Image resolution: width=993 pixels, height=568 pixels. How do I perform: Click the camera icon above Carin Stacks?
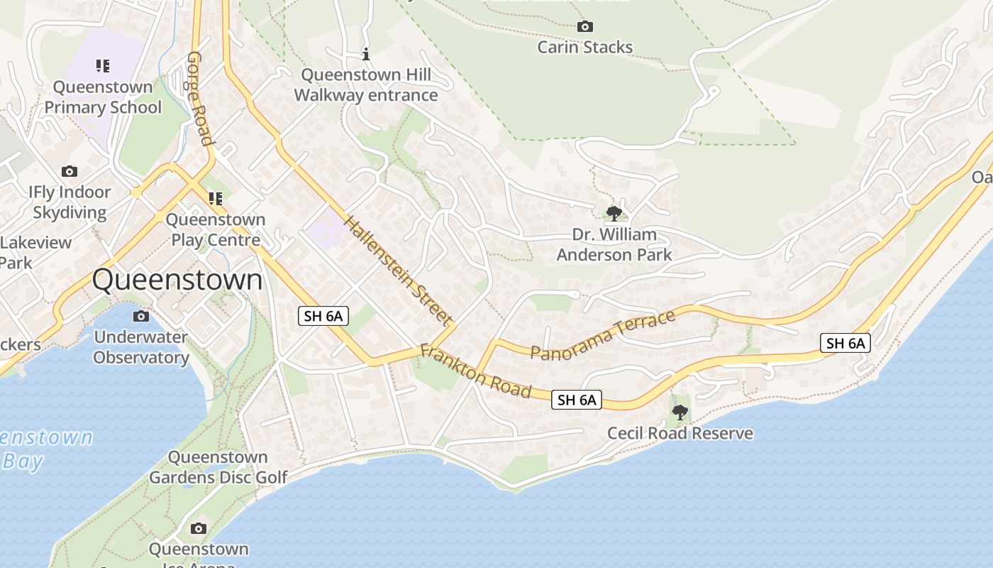pos(584,27)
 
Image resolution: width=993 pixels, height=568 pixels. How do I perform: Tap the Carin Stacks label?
pos(584,48)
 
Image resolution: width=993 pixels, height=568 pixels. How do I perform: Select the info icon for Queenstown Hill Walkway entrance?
pos(366,54)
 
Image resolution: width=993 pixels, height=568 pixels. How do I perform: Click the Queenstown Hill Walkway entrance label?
pos(366,85)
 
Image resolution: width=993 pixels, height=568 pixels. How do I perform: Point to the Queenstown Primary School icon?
pos(103,66)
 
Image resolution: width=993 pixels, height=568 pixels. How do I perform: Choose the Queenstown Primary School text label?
pos(103,97)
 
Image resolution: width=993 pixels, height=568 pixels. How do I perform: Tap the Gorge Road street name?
pos(200,98)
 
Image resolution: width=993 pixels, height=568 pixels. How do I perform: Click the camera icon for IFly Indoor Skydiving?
pos(70,171)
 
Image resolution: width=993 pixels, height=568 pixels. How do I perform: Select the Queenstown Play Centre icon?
pos(215,199)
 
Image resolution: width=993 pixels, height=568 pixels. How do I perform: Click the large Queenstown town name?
pos(177,280)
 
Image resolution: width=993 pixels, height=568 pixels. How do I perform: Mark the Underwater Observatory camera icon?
pos(141,316)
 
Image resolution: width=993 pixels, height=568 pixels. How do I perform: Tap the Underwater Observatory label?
pos(141,347)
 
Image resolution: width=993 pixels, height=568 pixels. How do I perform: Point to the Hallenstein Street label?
pos(397,270)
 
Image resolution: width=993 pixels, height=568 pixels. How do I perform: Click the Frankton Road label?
pos(475,371)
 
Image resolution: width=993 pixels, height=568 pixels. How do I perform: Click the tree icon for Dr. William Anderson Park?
pos(614,213)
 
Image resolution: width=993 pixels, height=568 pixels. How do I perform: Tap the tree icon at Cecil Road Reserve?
pos(679,412)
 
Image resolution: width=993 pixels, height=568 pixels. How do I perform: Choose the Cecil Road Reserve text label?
pos(679,433)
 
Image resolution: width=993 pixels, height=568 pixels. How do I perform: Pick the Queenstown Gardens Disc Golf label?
pos(218,467)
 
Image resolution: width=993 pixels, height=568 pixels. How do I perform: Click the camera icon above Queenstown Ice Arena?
pos(199,528)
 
